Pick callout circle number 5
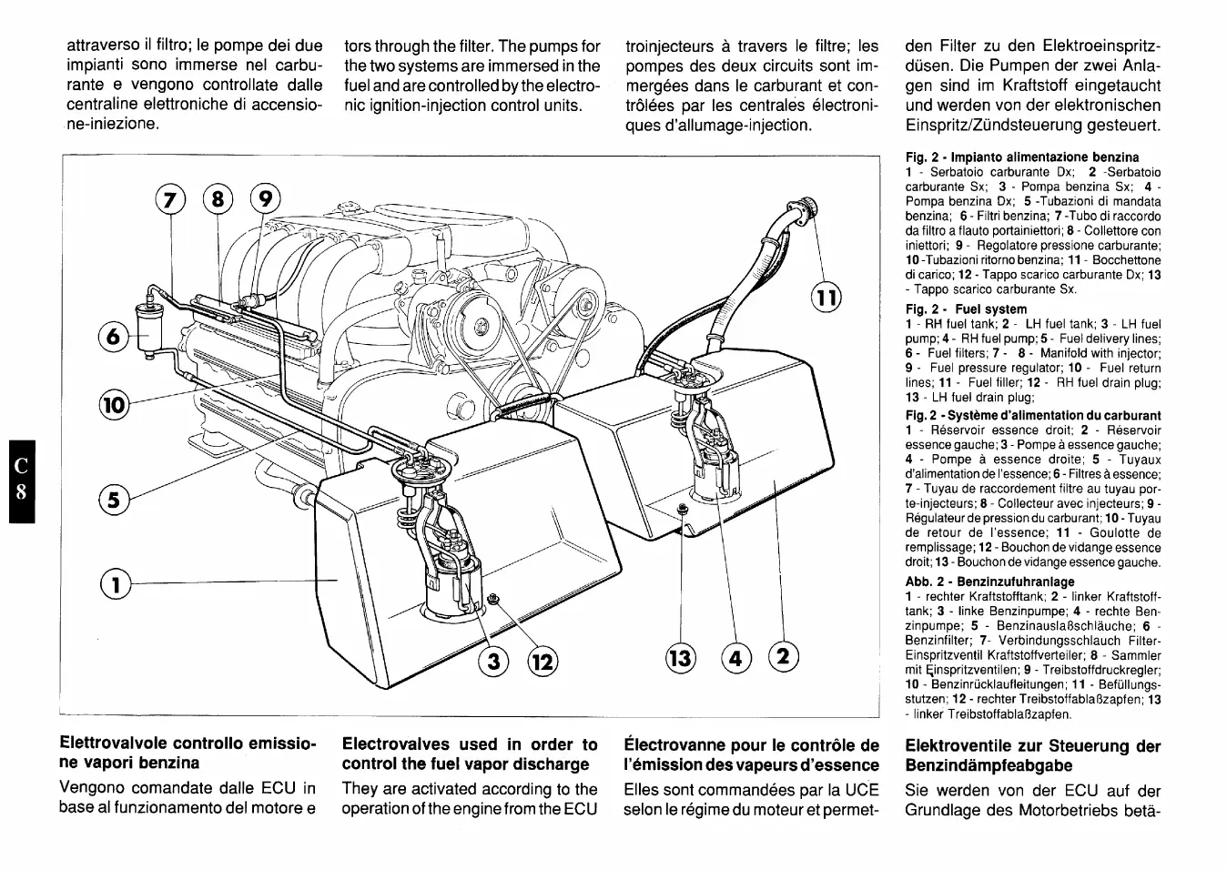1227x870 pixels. coord(114,500)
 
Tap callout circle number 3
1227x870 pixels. coord(493,662)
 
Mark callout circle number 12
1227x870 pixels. coord(543,662)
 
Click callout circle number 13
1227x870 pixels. coord(681,657)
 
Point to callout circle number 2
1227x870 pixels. coord(784,657)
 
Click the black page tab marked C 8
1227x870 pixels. coord(25,480)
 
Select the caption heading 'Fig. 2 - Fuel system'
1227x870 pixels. coord(966,309)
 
